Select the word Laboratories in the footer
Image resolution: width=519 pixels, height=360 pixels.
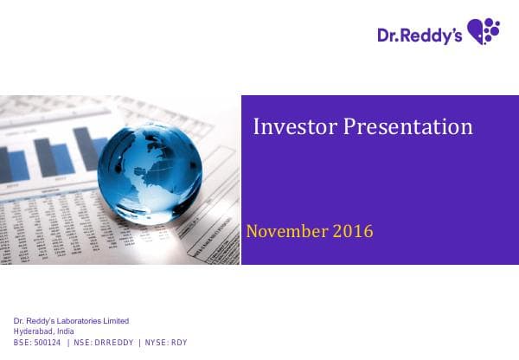click(79, 322)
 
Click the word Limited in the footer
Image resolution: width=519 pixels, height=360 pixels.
click(114, 322)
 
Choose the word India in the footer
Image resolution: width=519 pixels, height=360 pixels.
click(65, 331)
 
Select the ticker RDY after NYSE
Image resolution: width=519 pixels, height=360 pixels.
click(177, 342)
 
